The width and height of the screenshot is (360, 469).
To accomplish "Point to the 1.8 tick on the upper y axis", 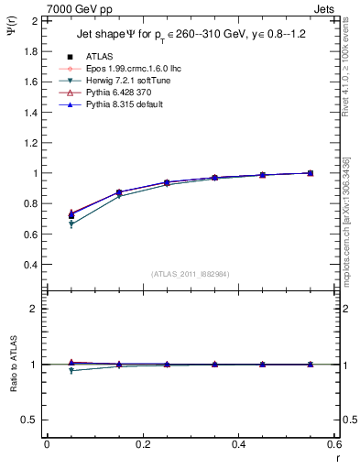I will point(29,50).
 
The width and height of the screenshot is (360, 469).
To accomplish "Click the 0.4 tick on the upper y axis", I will point(29,265).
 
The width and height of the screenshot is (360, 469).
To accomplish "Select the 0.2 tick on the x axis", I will point(141,444).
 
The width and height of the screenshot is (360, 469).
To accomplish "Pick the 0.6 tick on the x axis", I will point(333,444).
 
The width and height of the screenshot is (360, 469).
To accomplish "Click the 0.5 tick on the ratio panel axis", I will point(29,420).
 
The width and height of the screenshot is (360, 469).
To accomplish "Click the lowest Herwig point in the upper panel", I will point(71,224).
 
